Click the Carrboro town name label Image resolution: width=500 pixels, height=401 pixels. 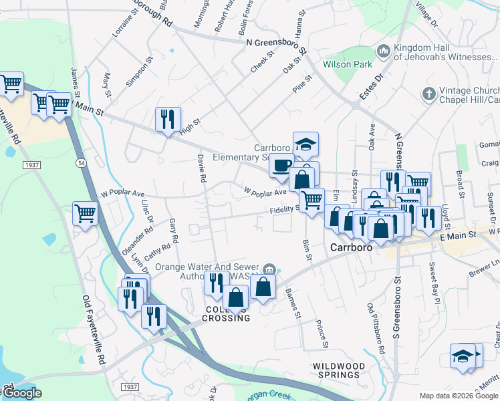click(x=352, y=247)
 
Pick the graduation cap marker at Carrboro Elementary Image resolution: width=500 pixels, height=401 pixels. click(x=305, y=143)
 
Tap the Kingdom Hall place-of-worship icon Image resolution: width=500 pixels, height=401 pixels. click(x=384, y=51)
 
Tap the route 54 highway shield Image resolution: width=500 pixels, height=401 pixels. click(x=81, y=163)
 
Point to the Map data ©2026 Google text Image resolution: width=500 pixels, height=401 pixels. click(x=458, y=396)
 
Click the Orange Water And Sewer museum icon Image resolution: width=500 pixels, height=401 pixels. click(x=269, y=269)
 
